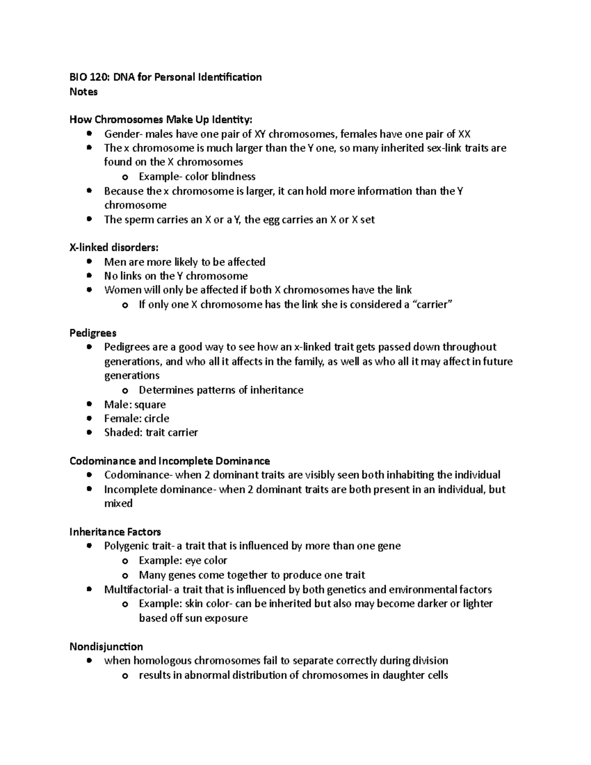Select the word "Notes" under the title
click(x=83, y=92)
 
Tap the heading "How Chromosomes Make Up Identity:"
click(x=161, y=120)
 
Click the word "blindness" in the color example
click(x=233, y=176)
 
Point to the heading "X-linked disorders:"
click(x=114, y=247)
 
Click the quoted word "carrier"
click(x=432, y=304)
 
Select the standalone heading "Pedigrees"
click(x=93, y=333)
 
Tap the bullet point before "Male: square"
click(x=89, y=404)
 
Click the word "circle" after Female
click(x=157, y=418)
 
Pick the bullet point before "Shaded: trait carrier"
click(x=89, y=432)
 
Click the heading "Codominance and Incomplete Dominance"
click(x=169, y=461)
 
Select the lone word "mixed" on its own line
click(x=118, y=503)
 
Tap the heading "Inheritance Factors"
click(x=115, y=532)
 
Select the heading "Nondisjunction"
click(x=106, y=646)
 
